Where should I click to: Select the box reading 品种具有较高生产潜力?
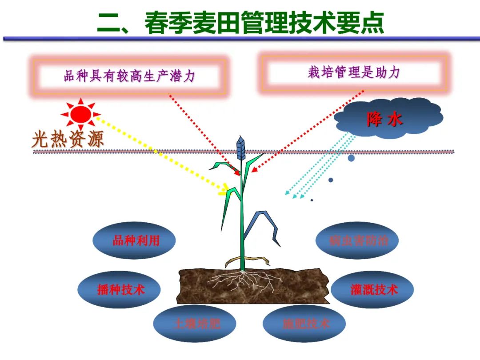pos(129,76)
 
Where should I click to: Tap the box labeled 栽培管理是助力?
pos(354,73)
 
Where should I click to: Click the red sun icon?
pos(81,114)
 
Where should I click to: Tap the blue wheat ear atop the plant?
pos(240,147)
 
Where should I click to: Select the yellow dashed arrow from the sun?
pos(160,155)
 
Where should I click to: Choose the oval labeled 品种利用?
pos(134,240)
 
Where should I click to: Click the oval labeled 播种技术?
pos(120,290)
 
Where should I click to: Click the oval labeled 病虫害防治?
pos(357,240)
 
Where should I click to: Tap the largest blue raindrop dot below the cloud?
pos(351,158)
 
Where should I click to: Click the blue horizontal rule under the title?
pos(240,39)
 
